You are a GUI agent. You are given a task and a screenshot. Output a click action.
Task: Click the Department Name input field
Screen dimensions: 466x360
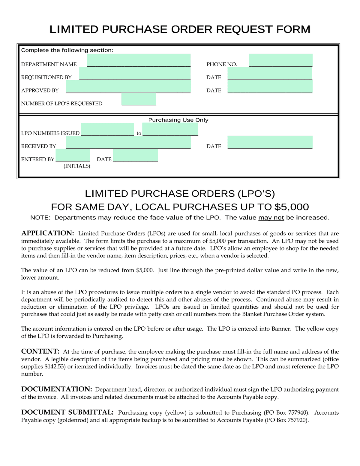coord(139,60)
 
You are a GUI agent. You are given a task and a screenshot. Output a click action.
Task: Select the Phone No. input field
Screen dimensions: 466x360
coord(280,60)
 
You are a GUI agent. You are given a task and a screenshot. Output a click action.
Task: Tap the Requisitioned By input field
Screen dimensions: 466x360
coord(135,73)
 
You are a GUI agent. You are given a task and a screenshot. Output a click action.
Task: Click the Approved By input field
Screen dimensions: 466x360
coord(128,86)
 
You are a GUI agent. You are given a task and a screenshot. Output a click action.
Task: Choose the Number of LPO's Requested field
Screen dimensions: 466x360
coord(139,99)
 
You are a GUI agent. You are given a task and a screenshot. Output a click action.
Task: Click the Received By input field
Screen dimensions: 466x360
coord(128,142)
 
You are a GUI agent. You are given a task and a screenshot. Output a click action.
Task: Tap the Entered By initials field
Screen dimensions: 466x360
coord(73,156)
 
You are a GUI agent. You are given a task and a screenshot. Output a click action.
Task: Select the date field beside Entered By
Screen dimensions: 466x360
coord(135,156)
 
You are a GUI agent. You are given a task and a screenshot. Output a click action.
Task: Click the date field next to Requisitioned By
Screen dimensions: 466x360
coord(270,73)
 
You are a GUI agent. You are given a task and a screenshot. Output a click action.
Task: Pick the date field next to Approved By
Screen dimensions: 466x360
coord(270,86)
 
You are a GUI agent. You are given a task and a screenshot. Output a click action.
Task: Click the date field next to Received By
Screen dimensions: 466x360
coord(270,142)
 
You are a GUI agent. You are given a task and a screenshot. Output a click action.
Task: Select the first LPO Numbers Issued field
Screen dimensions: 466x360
coord(107,129)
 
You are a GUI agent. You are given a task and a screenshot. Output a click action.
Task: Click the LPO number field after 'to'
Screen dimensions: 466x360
coord(170,129)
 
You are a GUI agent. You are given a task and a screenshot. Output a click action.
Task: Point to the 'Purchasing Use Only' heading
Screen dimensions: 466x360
coord(178,120)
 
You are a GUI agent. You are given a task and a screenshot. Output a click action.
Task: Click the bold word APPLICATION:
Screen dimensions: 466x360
coord(47,233)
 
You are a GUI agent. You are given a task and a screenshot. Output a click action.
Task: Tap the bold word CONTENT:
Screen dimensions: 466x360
coord(40,352)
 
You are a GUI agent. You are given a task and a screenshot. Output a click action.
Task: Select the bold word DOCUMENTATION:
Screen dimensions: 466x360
coord(56,389)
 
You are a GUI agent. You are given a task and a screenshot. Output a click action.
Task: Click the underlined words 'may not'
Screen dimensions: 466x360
coord(271,218)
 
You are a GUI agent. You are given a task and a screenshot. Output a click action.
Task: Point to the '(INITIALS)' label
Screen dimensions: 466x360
coord(77,166)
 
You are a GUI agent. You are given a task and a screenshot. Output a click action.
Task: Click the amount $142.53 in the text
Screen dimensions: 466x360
coord(55,367)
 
